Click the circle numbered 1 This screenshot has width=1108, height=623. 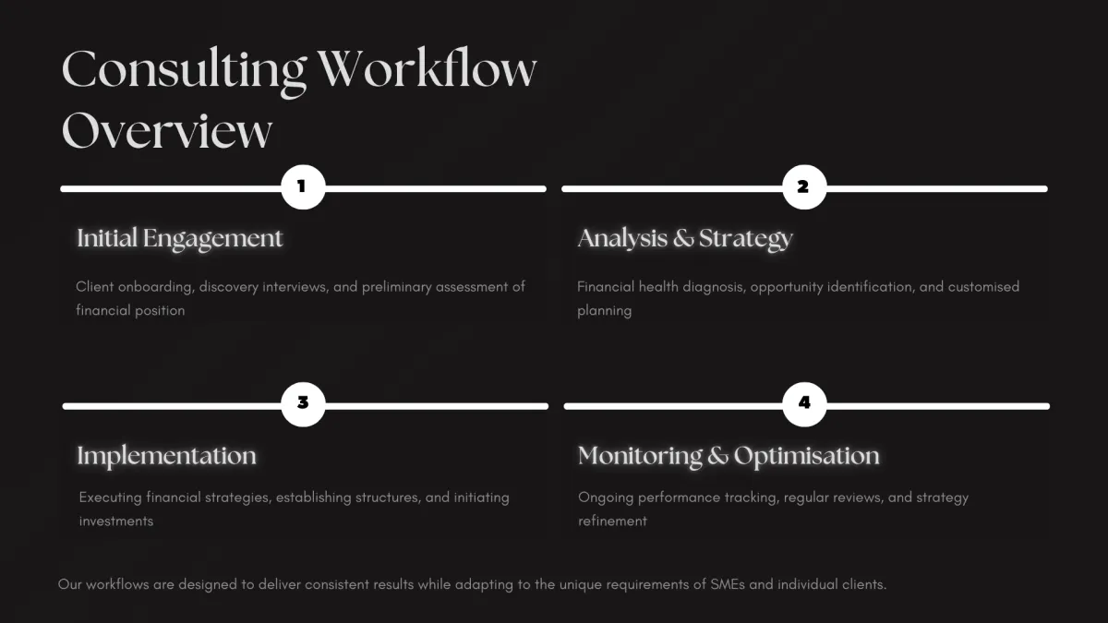pyautogui.click(x=303, y=186)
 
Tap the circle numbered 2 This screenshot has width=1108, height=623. pyautogui.click(x=804, y=186)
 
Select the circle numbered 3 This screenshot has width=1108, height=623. pyautogui.click(x=303, y=404)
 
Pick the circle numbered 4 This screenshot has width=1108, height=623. pyautogui.click(x=804, y=404)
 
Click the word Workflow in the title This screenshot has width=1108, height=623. pyautogui.click(x=427, y=68)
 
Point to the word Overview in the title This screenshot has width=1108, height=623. pyautogui.click(x=167, y=130)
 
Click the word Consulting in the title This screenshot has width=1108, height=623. pyautogui.click(x=184, y=72)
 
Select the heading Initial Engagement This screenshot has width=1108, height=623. pyautogui.click(x=179, y=239)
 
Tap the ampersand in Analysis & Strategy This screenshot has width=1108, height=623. pyautogui.click(x=683, y=238)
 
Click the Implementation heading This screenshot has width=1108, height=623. pyautogui.click(x=167, y=456)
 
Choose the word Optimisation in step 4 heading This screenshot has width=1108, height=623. pyautogui.click(x=806, y=456)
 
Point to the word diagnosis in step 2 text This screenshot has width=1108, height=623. pyautogui.click(x=713, y=287)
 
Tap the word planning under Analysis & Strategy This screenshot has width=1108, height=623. pyautogui.click(x=605, y=311)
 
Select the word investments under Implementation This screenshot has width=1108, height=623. pyautogui.click(x=116, y=521)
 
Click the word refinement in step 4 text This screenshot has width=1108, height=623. pyautogui.click(x=612, y=521)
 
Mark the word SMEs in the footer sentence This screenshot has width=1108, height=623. pyautogui.click(x=728, y=584)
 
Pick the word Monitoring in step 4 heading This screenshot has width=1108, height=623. pyautogui.click(x=640, y=456)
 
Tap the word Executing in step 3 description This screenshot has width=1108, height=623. pyautogui.click(x=110, y=497)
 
